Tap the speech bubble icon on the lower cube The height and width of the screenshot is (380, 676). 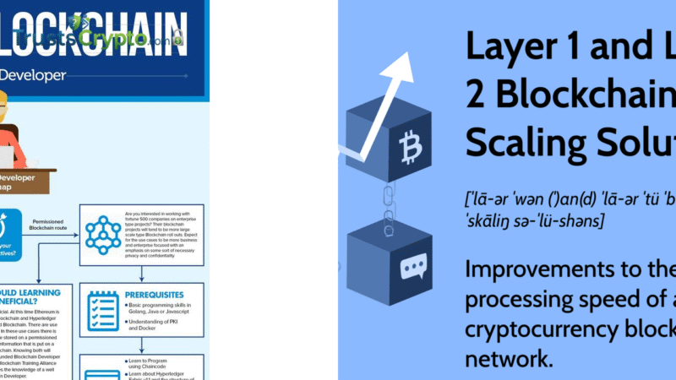[x=412, y=269]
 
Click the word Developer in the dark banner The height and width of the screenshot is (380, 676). [x=33, y=76]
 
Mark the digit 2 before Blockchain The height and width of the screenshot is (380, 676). [x=477, y=95]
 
